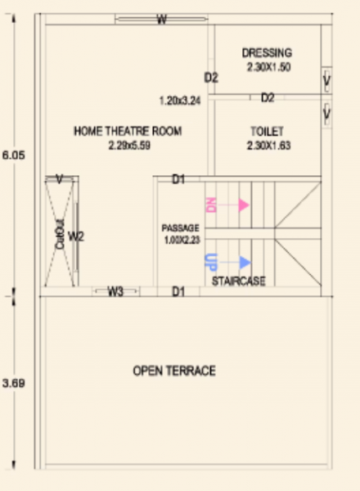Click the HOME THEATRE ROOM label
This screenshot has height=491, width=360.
[128, 131]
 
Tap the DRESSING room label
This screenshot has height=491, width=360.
[268, 53]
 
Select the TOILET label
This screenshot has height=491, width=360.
[267, 131]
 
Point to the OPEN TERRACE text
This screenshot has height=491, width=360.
[174, 372]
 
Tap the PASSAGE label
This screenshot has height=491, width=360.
[180, 227]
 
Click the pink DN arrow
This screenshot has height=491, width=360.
[244, 205]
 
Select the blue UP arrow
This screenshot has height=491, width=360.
[245, 262]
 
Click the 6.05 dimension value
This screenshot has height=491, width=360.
[10, 153]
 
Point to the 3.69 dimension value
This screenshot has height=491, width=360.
[10, 382]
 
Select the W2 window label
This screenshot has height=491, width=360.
[75, 237]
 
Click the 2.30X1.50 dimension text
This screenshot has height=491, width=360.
[268, 68]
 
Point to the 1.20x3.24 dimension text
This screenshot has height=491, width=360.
[180, 101]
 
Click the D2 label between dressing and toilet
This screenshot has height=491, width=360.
[268, 98]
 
